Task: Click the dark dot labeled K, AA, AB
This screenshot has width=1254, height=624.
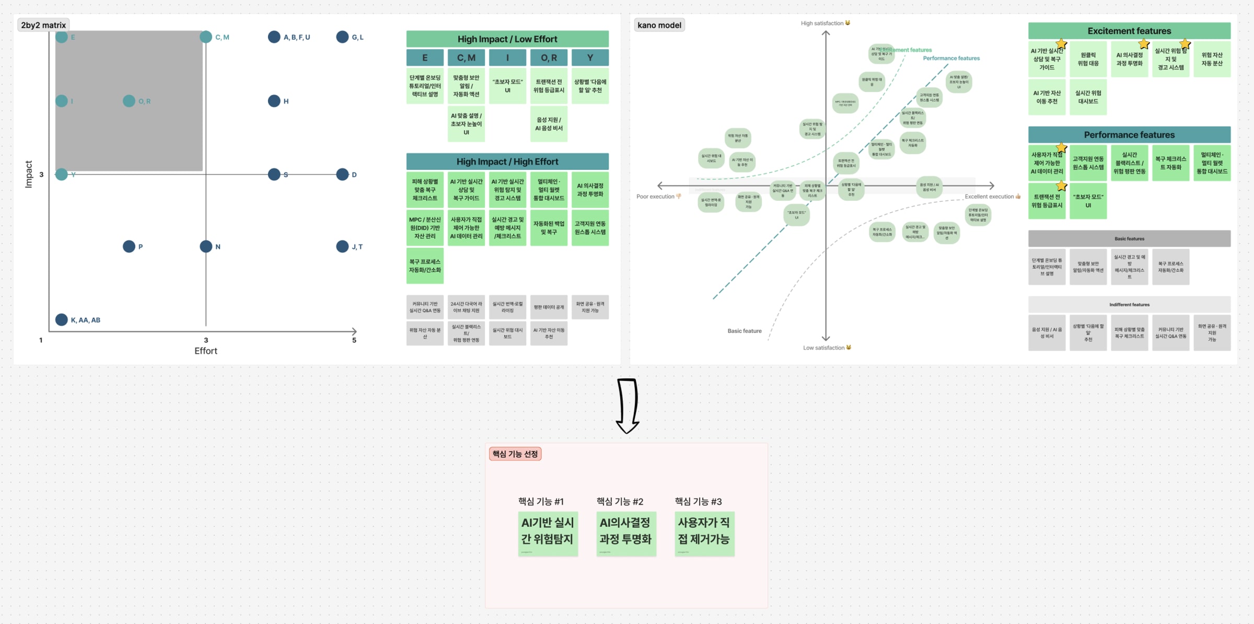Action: coord(62,319)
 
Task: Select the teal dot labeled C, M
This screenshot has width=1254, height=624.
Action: coord(206,37)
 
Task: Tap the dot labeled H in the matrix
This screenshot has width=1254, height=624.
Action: coord(274,101)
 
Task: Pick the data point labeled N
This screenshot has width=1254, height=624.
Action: coord(206,246)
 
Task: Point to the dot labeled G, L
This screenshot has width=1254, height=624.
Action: coord(342,37)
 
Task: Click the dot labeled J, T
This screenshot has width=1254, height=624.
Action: coord(342,246)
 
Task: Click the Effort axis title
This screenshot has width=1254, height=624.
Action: coord(206,351)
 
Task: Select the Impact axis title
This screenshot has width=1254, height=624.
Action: coord(29,174)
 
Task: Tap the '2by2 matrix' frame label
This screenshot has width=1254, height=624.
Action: coord(43,25)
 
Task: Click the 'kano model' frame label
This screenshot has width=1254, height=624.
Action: coord(659,25)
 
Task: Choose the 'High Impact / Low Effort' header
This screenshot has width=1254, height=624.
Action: coord(507,39)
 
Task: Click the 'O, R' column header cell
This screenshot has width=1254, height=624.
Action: coord(549,57)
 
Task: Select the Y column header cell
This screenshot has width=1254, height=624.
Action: coord(590,57)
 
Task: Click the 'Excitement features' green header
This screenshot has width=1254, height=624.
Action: coord(1129,31)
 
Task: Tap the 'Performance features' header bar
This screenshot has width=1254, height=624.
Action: coord(1129,135)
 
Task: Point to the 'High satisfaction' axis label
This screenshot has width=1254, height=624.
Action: coord(822,23)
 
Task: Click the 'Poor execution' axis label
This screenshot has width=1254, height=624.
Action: coord(656,197)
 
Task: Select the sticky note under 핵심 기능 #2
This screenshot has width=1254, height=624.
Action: coord(626,534)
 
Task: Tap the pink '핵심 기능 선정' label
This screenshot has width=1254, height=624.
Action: coord(515,454)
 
